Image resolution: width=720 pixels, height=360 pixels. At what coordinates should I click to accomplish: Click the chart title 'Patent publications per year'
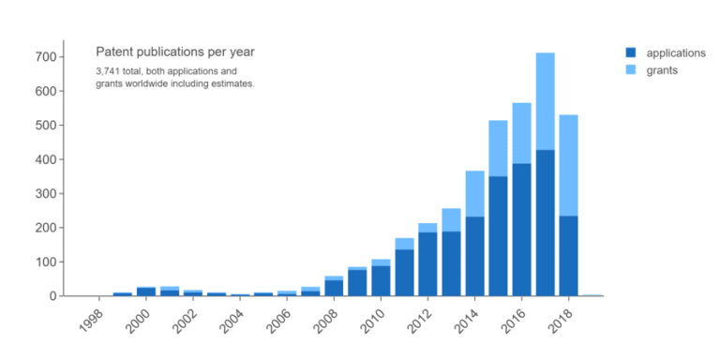point(175,52)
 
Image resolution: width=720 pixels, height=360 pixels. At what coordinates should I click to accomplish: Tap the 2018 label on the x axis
point(560,319)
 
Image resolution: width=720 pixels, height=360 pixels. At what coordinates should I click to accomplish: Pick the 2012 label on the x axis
point(419,319)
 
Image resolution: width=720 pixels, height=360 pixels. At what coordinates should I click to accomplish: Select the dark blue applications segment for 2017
point(545,222)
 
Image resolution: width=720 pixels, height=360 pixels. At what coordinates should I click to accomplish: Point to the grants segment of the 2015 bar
point(498,148)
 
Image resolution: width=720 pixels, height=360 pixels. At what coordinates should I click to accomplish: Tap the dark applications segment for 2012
point(427,263)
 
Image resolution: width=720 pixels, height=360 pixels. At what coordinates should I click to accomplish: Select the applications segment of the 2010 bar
point(381,280)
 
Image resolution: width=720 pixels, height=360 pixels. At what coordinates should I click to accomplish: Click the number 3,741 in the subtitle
point(109,71)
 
